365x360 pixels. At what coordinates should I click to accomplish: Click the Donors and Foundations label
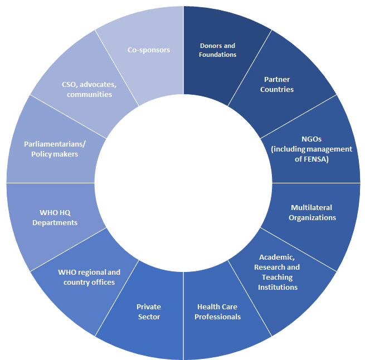(218, 50)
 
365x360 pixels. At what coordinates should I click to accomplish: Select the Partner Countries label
(276, 84)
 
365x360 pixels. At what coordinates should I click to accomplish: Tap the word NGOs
(312, 139)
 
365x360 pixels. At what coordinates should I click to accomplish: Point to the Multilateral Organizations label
(312, 212)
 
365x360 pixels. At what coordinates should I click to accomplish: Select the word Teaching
(278, 277)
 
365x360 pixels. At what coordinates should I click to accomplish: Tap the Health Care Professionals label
(218, 312)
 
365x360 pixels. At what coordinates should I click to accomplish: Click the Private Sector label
(149, 312)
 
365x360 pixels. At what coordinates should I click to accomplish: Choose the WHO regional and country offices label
(89, 277)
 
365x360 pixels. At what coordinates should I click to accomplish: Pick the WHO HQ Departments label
(59, 217)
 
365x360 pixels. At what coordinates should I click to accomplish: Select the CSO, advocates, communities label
(89, 89)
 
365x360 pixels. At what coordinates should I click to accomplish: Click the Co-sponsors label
(149, 50)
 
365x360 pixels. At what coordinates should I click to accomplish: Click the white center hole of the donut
(183, 182)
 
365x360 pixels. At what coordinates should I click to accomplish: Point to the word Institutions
(278, 287)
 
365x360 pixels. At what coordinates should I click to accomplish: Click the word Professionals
(218, 317)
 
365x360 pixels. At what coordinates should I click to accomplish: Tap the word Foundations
(218, 55)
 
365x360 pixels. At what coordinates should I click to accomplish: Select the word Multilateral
(312, 207)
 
